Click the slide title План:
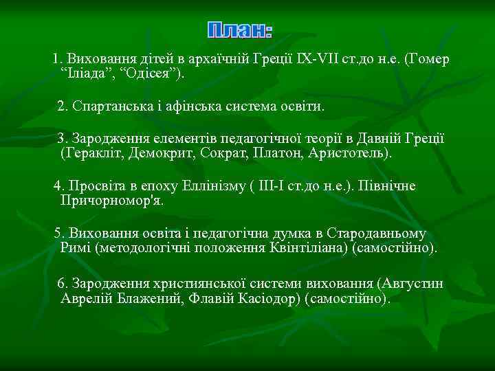point(240,30)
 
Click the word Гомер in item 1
point(428,60)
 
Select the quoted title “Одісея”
point(152,74)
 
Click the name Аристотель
point(349,153)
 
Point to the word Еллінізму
point(217,187)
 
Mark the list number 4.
point(58,187)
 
